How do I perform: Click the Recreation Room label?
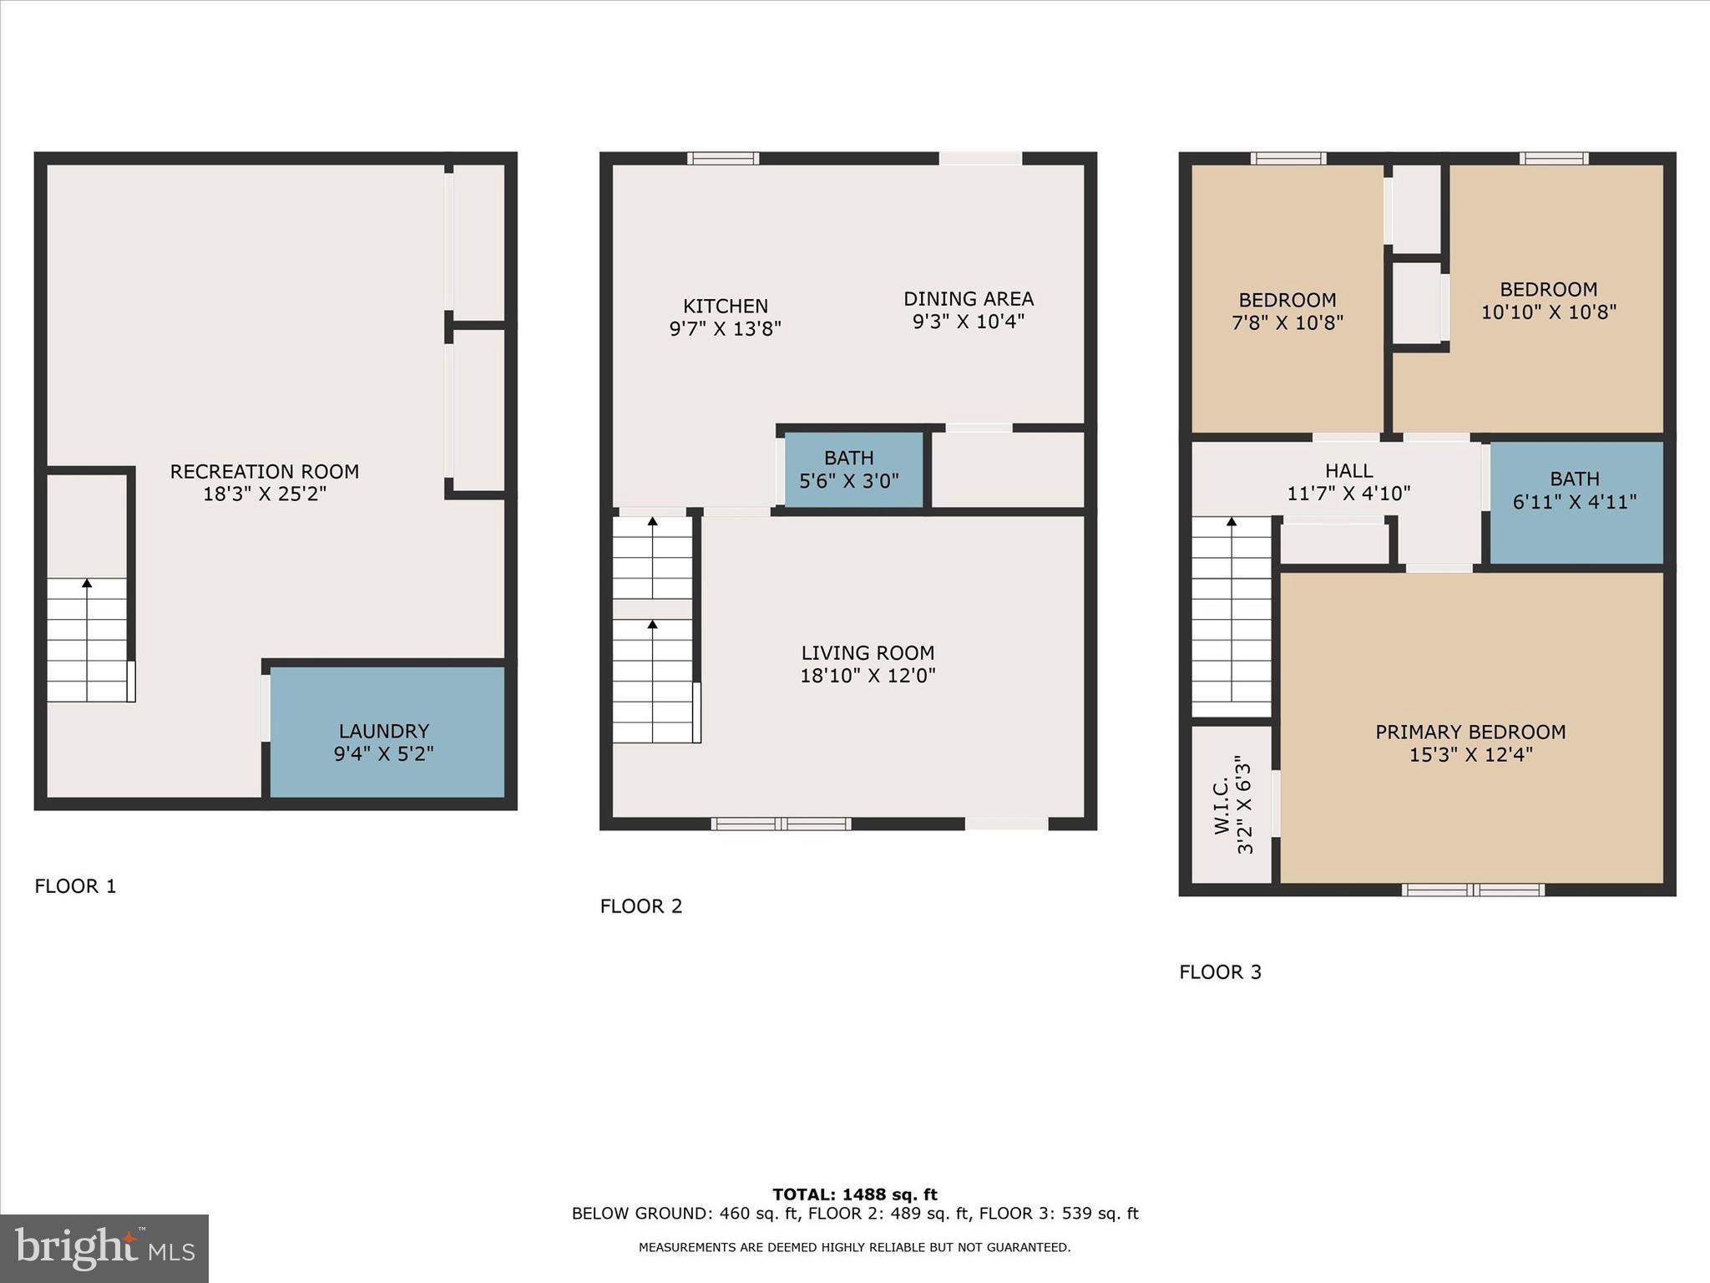264,472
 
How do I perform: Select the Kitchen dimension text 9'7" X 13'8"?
725,329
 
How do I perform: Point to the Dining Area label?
968,299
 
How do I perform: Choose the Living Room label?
868,653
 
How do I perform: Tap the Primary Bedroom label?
1470,733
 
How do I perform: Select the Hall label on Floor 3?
1348,471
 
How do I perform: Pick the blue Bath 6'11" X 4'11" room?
1575,502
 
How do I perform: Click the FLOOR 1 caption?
75,886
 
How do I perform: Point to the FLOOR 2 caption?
641,906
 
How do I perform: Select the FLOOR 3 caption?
1220,972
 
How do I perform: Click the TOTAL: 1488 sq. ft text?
854,1194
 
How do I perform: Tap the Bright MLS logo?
104,1248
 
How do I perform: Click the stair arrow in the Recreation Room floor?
87,583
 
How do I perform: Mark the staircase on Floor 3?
1231,618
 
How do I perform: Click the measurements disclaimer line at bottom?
854,1248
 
